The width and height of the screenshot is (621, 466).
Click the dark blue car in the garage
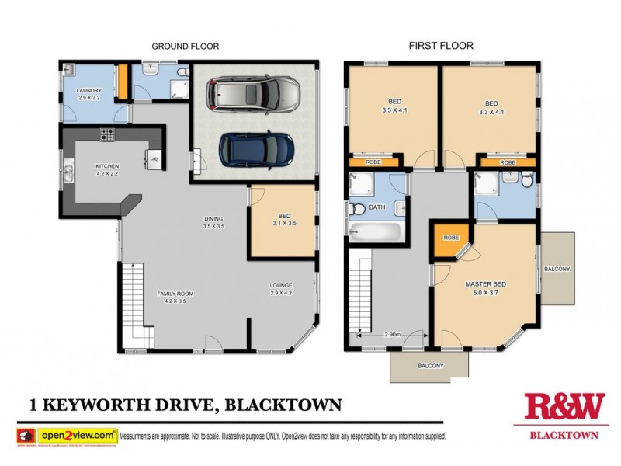(x=256, y=148)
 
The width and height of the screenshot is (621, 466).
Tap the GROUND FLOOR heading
(x=185, y=47)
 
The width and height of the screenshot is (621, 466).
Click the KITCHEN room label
(x=107, y=169)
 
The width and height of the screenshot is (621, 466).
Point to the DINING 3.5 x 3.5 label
(x=213, y=223)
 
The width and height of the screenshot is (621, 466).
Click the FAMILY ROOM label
(x=175, y=297)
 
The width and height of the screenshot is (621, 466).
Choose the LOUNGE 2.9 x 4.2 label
(x=280, y=289)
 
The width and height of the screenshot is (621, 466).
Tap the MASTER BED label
(x=485, y=288)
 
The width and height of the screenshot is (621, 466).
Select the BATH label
(x=377, y=207)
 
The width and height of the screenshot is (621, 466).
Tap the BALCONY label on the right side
(x=557, y=270)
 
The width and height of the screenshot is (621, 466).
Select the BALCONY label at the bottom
(x=430, y=365)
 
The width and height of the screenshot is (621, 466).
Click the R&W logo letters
(x=564, y=408)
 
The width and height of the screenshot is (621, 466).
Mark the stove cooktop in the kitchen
(x=107, y=136)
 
